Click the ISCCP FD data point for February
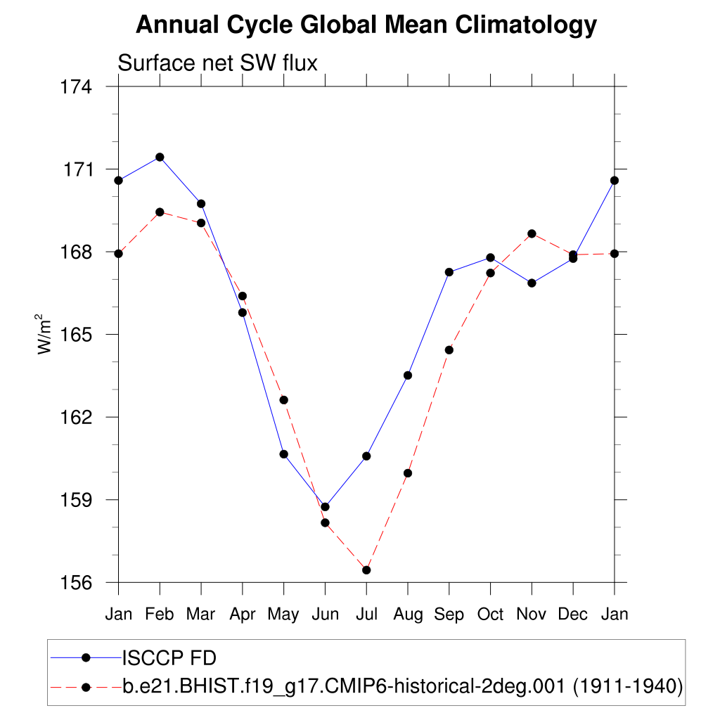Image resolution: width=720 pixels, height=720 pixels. tap(160, 157)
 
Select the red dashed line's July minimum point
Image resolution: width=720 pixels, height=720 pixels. tap(366, 570)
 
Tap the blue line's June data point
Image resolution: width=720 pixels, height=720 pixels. tap(325, 507)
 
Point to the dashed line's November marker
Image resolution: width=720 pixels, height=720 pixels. tap(532, 233)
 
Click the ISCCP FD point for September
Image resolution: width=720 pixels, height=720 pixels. tap(449, 272)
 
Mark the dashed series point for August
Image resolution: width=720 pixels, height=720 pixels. tap(408, 473)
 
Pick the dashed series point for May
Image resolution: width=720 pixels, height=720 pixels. tap(284, 400)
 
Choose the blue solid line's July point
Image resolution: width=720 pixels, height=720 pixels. tap(366, 456)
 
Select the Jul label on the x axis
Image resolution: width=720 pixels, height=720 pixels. tap(366, 615)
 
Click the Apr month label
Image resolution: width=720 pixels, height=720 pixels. tap(243, 615)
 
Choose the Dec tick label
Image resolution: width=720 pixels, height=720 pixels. tap(573, 615)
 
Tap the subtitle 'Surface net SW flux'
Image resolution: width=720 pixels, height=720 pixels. tap(218, 63)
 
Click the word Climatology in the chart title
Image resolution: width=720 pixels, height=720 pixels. tap(527, 25)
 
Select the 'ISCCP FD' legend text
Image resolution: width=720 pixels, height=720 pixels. tap(169, 658)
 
